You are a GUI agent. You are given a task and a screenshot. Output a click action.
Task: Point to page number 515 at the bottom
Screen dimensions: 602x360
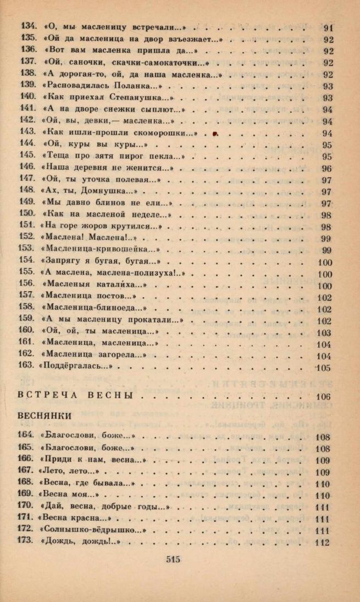[173, 560]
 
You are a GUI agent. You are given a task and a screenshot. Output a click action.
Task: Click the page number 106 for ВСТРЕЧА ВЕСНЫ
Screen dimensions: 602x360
[323, 397]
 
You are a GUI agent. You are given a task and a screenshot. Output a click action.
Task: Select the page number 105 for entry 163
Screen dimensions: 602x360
[323, 368]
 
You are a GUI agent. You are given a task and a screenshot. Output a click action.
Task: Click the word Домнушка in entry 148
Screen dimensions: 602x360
[104, 191]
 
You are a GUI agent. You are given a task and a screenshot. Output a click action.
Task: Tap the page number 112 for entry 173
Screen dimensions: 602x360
[323, 543]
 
